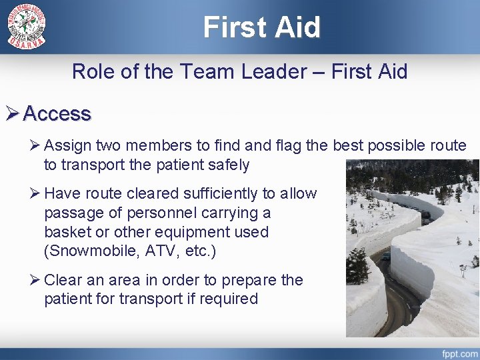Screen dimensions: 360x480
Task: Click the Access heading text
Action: coord(57,114)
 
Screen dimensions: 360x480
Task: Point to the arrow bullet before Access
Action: coord(12,114)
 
